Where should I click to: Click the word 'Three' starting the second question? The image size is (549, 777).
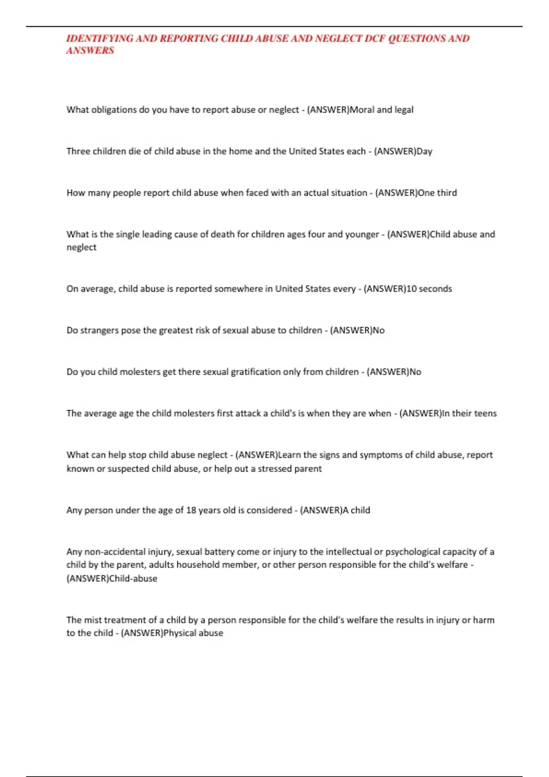(78, 151)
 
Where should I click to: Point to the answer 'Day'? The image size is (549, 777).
(424, 151)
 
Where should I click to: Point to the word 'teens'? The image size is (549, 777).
(485, 414)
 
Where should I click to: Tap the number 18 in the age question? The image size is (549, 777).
(191, 511)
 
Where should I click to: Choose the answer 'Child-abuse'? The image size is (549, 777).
(133, 579)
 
